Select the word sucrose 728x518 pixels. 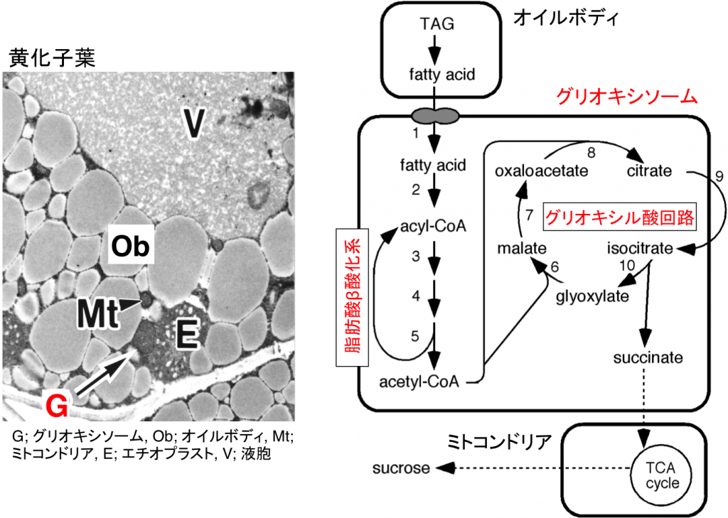tap(402, 468)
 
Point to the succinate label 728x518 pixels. tap(648, 357)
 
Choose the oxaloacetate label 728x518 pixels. tap(543, 171)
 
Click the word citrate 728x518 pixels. tap(649, 171)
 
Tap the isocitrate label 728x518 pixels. tap(640, 249)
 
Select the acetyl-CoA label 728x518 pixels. tap(418, 382)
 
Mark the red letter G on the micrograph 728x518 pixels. tap(56, 406)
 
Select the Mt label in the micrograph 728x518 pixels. tap(96, 313)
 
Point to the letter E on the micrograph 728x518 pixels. tap(186, 335)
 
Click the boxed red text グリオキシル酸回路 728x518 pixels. tap(619, 217)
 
